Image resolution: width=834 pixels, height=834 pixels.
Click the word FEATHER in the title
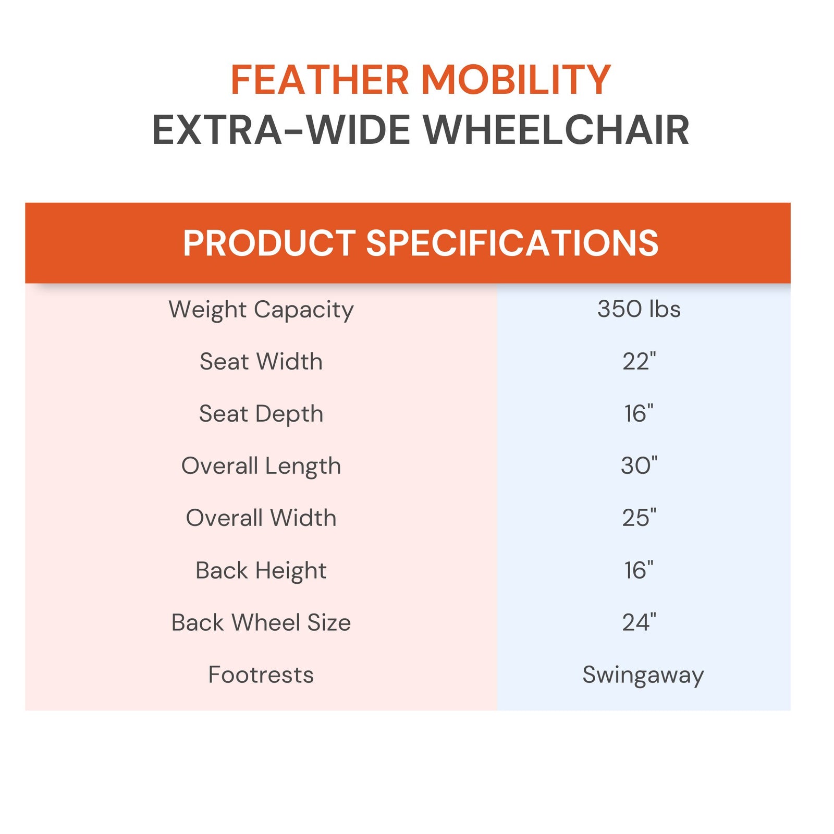(320, 80)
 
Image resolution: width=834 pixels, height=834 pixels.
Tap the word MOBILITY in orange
(516, 80)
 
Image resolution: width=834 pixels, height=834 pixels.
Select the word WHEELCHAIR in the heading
(556, 130)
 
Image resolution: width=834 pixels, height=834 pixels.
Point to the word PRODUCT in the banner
(269, 243)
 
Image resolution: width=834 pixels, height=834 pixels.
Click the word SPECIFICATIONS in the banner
(512, 243)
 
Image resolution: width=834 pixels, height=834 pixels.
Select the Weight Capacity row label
(261, 310)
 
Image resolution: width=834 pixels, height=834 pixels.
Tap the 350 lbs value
(639, 309)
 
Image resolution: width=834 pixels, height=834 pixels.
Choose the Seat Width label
(261, 362)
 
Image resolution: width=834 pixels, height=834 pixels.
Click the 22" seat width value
(639, 361)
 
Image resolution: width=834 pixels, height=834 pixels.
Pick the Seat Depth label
(261, 414)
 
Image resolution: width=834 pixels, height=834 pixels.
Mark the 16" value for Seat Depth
(639, 413)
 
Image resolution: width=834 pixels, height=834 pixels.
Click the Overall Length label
(261, 466)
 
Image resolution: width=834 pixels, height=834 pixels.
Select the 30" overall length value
(639, 465)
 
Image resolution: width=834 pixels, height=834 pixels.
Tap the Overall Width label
(261, 518)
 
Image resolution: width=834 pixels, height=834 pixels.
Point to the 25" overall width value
(639, 518)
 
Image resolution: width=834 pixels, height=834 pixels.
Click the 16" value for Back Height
(639, 570)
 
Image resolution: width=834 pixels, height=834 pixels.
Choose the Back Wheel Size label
(261, 622)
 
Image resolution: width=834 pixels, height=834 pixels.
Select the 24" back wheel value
(639, 622)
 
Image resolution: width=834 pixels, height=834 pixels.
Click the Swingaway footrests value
(643, 675)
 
